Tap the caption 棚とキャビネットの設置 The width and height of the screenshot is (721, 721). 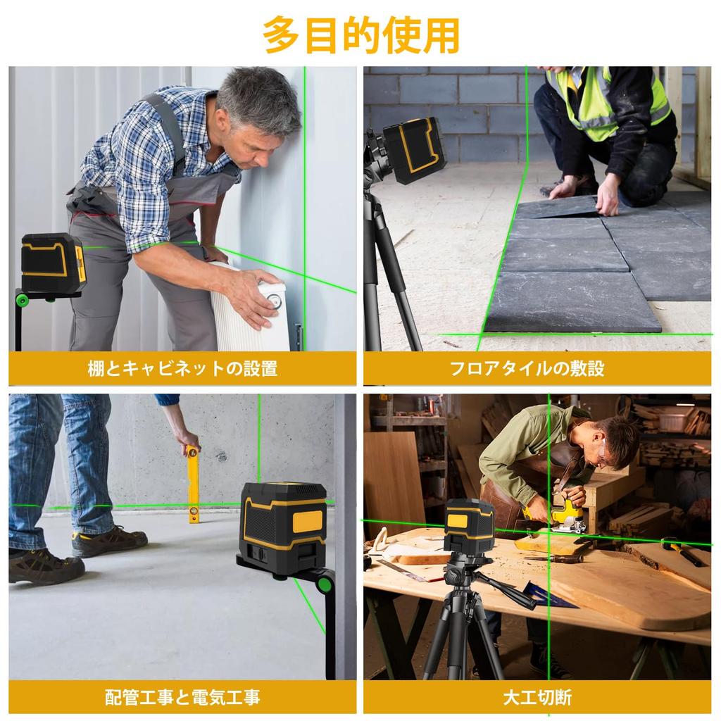182,368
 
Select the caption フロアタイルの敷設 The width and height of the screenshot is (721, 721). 537,368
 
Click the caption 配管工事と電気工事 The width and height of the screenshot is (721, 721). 182,697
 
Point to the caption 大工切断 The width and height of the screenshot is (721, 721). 537,697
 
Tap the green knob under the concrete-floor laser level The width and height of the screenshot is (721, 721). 325,584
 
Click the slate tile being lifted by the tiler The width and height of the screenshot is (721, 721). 560,207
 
